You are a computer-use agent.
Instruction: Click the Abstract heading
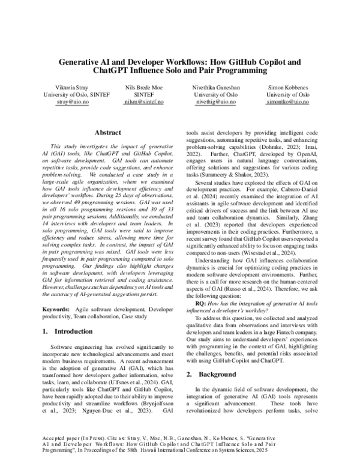pos(107,132)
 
